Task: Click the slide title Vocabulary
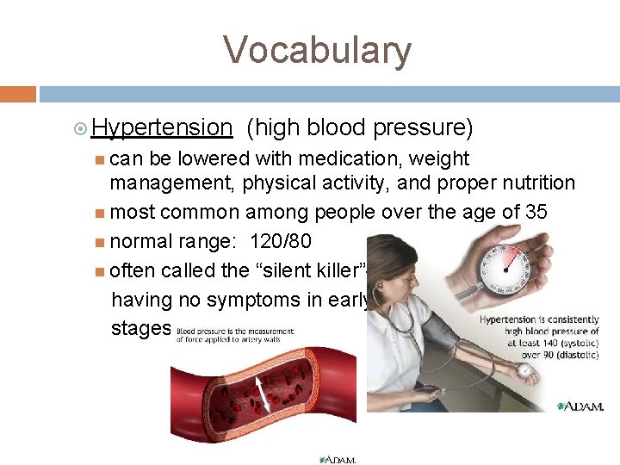[x=318, y=50]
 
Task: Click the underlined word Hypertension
[x=162, y=127]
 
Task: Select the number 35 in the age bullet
[x=535, y=212]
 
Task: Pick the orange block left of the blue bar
[x=18, y=93]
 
